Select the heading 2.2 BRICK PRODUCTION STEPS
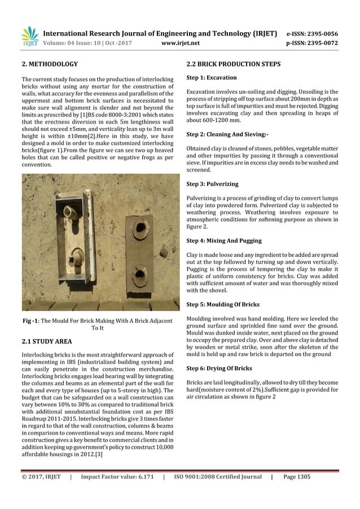[x=233, y=65]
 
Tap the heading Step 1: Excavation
[x=211, y=77]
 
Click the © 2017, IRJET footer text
[x=41, y=477]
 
